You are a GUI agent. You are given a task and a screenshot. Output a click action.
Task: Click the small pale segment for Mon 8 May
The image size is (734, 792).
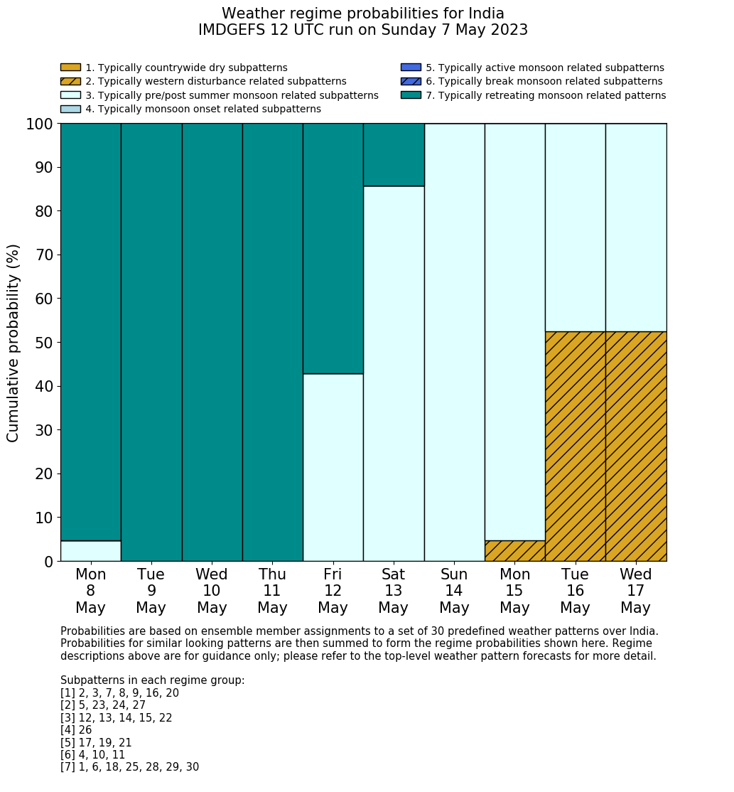pyautogui.click(x=91, y=551)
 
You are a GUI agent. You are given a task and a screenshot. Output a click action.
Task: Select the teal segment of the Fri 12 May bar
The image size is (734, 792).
pyautogui.click(x=333, y=248)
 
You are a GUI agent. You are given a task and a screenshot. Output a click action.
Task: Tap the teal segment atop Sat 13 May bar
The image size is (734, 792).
pyautogui.click(x=394, y=154)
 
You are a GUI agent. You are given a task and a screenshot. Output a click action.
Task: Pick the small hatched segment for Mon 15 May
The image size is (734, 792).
pyautogui.click(x=515, y=551)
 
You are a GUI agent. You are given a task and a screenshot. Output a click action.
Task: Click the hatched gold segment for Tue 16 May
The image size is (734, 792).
pyautogui.click(x=576, y=446)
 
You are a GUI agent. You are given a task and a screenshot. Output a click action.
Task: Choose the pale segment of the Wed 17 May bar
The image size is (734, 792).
pyautogui.click(x=636, y=228)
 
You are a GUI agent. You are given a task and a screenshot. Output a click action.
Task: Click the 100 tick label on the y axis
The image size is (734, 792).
pyautogui.click(x=39, y=124)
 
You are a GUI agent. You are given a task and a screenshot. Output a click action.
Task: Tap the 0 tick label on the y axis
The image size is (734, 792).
pyautogui.click(x=49, y=562)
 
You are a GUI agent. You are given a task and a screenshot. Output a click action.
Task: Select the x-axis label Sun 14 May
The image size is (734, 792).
pyautogui.click(x=454, y=591)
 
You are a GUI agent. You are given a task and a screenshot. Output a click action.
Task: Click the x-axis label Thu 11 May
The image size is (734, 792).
pyautogui.click(x=272, y=591)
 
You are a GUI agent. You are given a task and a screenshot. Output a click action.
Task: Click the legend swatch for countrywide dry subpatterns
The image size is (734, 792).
pyautogui.click(x=70, y=68)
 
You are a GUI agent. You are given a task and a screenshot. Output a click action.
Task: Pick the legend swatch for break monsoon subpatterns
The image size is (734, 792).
pyautogui.click(x=411, y=82)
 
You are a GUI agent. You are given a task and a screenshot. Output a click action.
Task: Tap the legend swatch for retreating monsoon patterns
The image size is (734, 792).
pyautogui.click(x=411, y=95)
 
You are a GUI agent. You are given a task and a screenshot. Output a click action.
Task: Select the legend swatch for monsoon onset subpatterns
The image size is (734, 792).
pyautogui.click(x=70, y=109)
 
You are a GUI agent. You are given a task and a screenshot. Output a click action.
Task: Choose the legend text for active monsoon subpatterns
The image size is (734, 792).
pyautogui.click(x=545, y=68)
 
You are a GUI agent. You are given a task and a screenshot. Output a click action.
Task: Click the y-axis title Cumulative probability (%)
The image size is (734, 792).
pyautogui.click(x=14, y=343)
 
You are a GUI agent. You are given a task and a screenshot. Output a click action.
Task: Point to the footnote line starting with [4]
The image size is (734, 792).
pyautogui.click(x=76, y=730)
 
